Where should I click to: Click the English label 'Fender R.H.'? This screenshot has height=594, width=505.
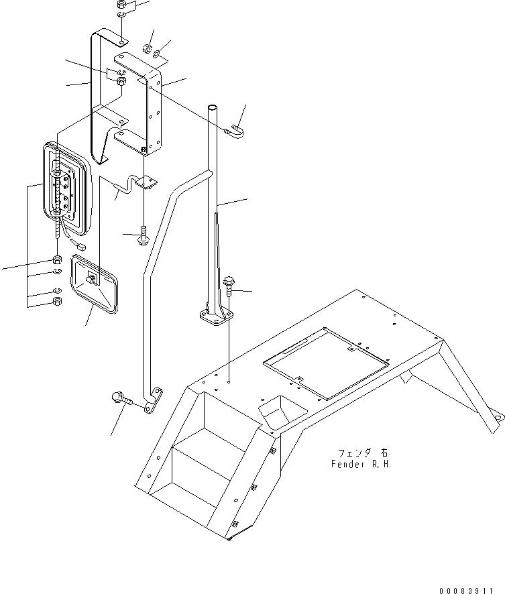[363, 464]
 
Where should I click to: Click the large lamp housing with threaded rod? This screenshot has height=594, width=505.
[66, 188]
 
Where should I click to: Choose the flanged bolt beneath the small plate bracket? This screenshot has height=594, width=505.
[144, 236]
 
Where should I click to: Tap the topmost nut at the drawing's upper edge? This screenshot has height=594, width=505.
[121, 3]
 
